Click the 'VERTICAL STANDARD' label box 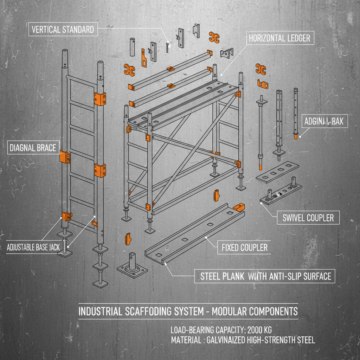[x=63, y=29]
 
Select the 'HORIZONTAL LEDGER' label [x=279, y=38]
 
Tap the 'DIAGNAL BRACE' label [x=33, y=147]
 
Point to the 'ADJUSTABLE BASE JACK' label [x=33, y=247]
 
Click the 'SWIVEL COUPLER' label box [x=308, y=218]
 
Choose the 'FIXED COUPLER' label [x=244, y=247]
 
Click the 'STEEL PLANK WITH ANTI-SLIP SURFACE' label [x=265, y=276]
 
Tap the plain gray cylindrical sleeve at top [x=133, y=47]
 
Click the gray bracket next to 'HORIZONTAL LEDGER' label [x=227, y=53]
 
